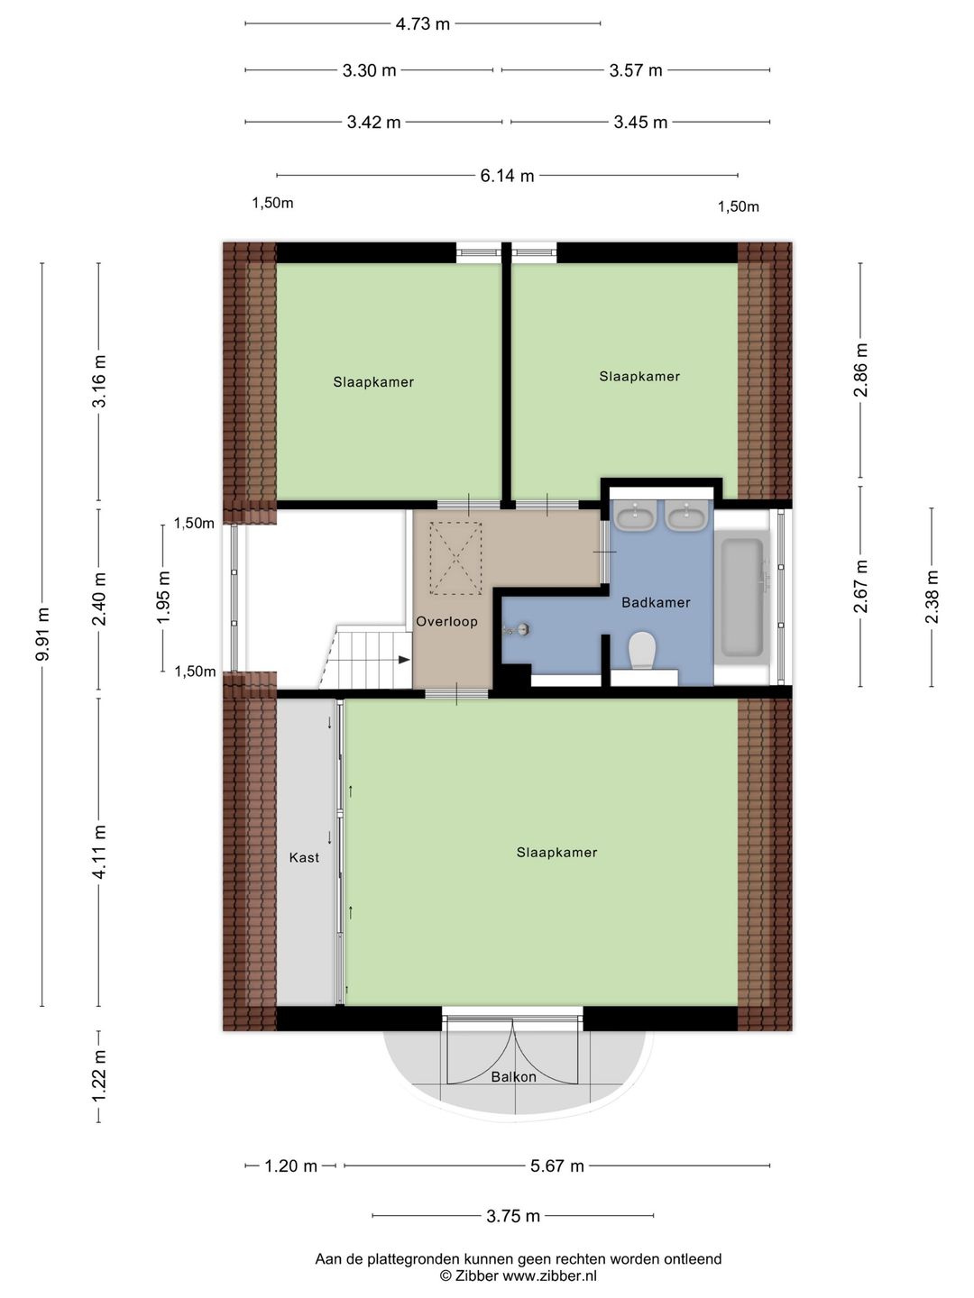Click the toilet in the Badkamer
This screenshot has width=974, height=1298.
(x=643, y=651)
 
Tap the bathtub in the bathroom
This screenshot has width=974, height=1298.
(x=741, y=599)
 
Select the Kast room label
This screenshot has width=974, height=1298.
(x=304, y=857)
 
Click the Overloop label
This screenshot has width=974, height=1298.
(x=446, y=621)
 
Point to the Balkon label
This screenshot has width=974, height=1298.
(x=513, y=1077)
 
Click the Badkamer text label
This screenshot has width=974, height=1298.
(x=656, y=603)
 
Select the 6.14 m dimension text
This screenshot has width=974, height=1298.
(x=507, y=176)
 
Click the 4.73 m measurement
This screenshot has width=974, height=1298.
(x=422, y=24)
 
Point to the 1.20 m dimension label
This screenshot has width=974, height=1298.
(x=290, y=1166)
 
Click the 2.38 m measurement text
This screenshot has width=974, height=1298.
(x=932, y=597)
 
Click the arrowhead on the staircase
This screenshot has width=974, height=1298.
(x=404, y=659)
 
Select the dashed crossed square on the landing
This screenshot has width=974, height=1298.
(x=455, y=558)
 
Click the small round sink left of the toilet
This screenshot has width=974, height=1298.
(x=521, y=630)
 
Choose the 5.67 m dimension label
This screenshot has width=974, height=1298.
(x=557, y=1166)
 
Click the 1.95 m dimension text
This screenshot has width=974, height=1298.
(x=163, y=598)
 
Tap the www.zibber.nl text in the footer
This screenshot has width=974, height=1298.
(x=549, y=1276)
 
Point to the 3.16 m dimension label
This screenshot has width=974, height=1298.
(x=99, y=380)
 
